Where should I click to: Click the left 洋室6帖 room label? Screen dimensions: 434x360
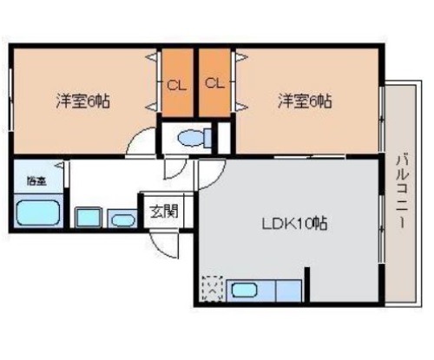[x=82, y=101]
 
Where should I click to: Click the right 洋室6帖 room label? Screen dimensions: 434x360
[x=305, y=101]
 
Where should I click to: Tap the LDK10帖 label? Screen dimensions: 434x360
[x=294, y=224]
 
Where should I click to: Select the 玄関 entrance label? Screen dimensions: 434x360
[x=164, y=212]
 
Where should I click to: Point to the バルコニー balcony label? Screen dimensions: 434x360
[x=402, y=192]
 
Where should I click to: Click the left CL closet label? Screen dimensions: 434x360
[x=177, y=85]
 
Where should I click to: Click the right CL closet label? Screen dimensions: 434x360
[x=214, y=83]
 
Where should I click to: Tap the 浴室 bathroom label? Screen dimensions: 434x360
[x=36, y=181]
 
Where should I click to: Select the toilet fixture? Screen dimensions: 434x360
[x=194, y=137]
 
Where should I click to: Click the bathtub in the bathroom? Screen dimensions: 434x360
[x=38, y=213]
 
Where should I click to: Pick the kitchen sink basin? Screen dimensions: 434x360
[x=245, y=290]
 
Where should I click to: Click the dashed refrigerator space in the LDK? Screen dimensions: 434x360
[x=213, y=289]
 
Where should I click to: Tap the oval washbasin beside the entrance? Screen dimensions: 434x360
[x=123, y=220]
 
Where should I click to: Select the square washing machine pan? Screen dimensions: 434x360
[x=89, y=218]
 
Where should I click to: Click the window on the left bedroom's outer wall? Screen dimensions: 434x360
[x=11, y=99]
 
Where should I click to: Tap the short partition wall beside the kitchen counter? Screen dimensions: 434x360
[x=307, y=285]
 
